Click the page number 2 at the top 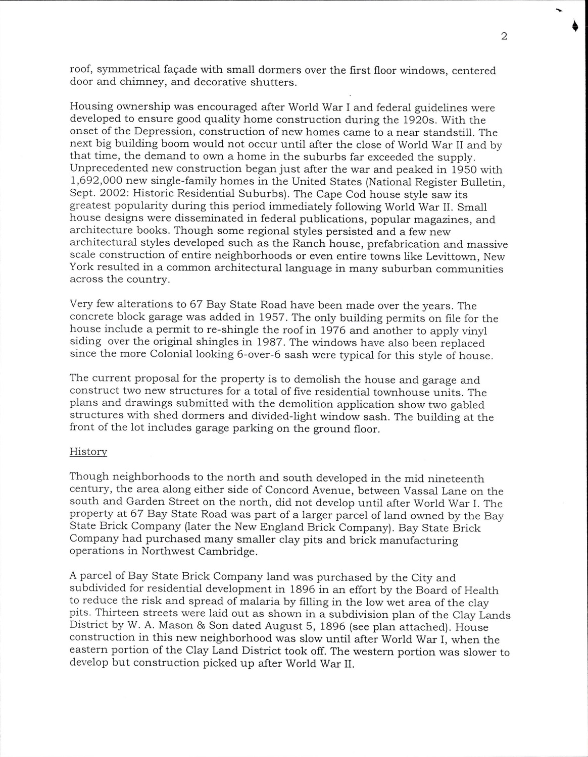click(x=504, y=36)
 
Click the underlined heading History click(x=88, y=452)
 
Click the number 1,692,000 click(x=96, y=182)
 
